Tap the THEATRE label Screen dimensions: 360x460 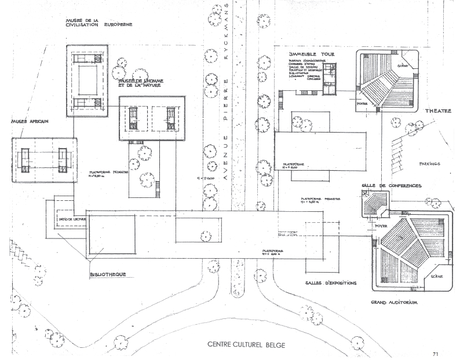(x=439, y=111)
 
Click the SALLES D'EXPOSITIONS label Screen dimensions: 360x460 (x=330, y=283)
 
